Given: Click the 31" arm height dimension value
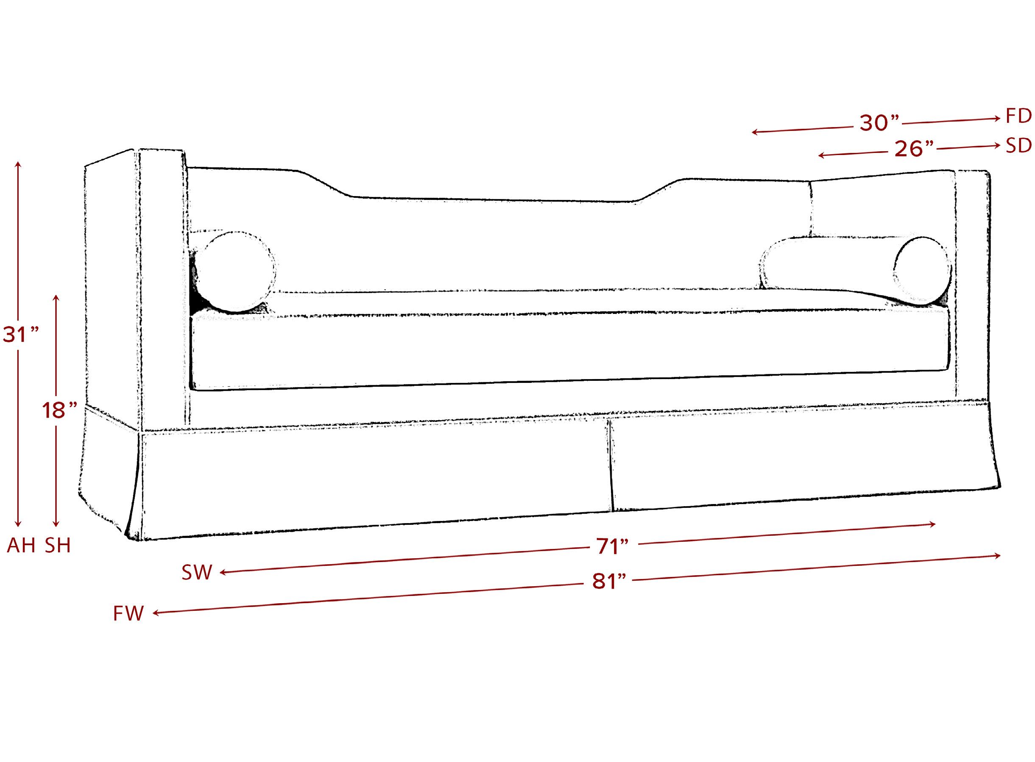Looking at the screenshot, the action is pyautogui.click(x=21, y=335).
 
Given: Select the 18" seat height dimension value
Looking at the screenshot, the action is pyautogui.click(x=59, y=410).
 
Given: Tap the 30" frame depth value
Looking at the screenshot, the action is pyautogui.click(x=880, y=123).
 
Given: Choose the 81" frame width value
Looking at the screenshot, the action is pyautogui.click(x=609, y=582).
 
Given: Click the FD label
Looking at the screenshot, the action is pyautogui.click(x=1019, y=117).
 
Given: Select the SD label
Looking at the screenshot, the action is pyautogui.click(x=1019, y=146).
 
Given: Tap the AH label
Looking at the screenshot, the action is pyautogui.click(x=21, y=546).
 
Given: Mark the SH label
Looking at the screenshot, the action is pyautogui.click(x=58, y=546).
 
